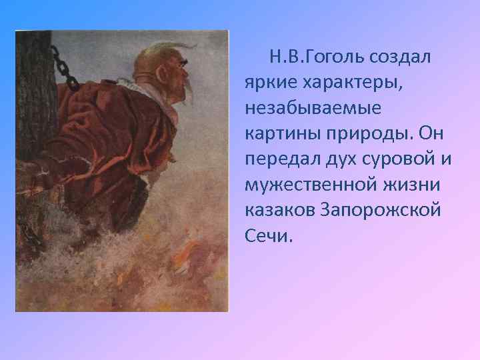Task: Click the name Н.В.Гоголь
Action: (x=311, y=57)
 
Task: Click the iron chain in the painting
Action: (x=65, y=67)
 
